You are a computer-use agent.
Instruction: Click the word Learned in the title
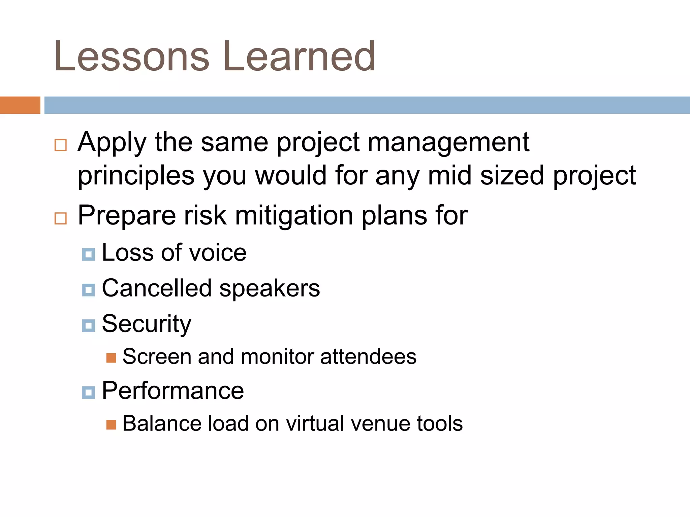(299, 57)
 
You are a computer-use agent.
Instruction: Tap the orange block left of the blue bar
(20, 105)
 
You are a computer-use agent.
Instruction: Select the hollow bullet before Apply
(61, 145)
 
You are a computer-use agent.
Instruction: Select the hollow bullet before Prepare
(61, 218)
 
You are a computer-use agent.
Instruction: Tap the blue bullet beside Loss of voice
(88, 254)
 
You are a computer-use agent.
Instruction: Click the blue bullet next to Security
(88, 325)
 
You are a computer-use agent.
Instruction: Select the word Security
(147, 324)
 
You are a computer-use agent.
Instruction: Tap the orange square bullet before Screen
(111, 358)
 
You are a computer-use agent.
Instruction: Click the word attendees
(368, 356)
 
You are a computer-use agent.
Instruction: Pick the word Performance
(173, 391)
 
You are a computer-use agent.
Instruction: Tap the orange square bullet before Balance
(111, 425)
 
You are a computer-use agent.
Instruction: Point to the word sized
(512, 176)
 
